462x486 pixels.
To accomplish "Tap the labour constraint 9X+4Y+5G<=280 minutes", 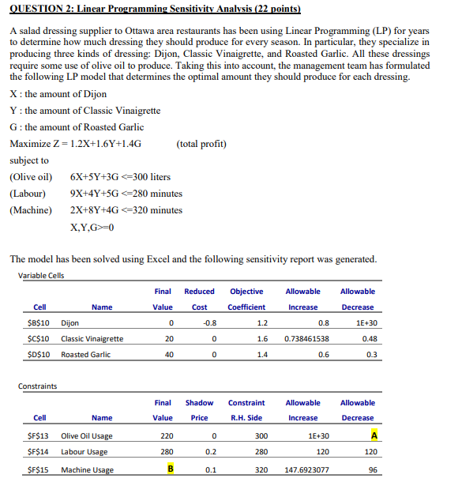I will (126, 193).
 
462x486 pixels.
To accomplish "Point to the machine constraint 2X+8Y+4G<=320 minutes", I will (126, 210).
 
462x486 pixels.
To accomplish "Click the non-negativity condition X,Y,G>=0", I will (93, 228).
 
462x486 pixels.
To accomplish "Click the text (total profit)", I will (202, 144).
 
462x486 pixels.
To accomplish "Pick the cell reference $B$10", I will (39, 322).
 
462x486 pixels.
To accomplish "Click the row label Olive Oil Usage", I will (87, 435).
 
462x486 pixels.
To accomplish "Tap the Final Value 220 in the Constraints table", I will (163, 435).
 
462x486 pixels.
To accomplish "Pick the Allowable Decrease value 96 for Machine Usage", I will (370, 469).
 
